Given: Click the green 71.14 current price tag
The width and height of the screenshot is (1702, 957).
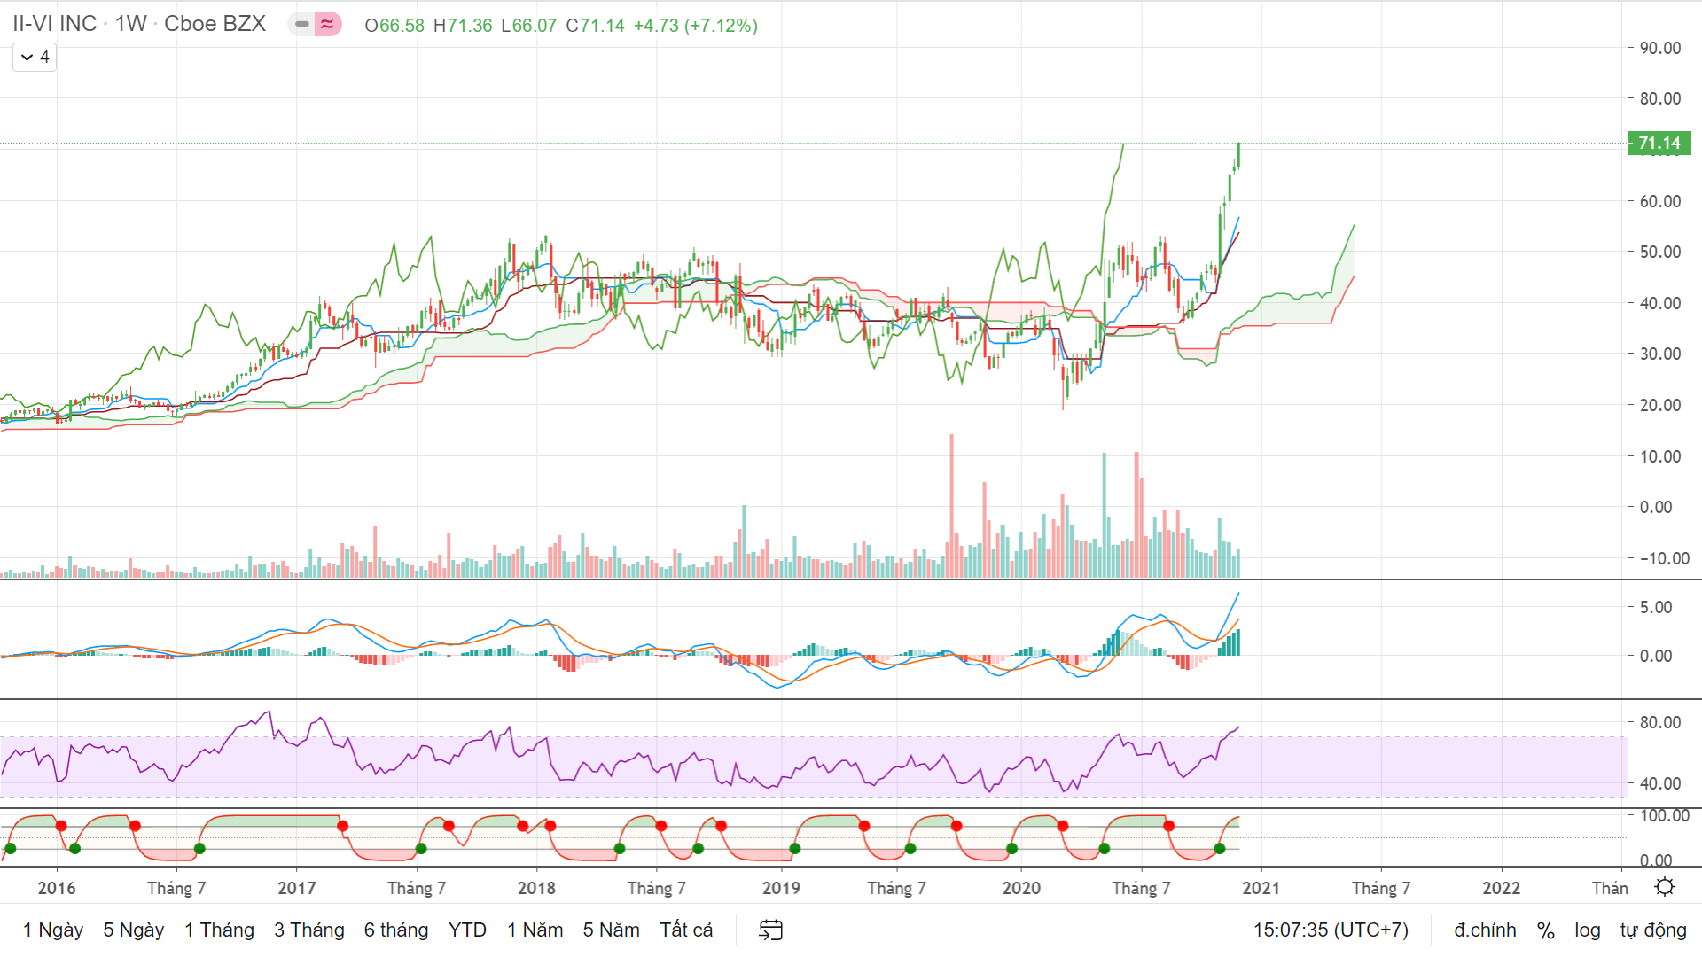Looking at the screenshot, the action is pyautogui.click(x=1659, y=143).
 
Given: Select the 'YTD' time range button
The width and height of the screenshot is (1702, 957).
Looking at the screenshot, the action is pyautogui.click(x=467, y=930).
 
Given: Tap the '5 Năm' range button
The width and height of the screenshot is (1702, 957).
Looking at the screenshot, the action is pyautogui.click(x=611, y=930).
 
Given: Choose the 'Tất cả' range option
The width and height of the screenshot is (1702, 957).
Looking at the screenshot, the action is pyautogui.click(x=686, y=930).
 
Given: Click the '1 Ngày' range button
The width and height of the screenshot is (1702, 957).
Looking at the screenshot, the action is pyautogui.click(x=53, y=930).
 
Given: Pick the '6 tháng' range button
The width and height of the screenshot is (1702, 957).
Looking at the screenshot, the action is pyautogui.click(x=396, y=930).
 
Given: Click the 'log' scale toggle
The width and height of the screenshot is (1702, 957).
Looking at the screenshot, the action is pyautogui.click(x=1588, y=930).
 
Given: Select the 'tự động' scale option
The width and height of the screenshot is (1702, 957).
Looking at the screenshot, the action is pyautogui.click(x=1653, y=930).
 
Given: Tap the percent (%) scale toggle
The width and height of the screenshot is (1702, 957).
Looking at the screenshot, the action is pyautogui.click(x=1546, y=930).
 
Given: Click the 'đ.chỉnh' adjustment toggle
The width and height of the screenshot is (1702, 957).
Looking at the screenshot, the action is pyautogui.click(x=1485, y=930).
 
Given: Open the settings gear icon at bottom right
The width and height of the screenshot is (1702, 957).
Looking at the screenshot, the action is pyautogui.click(x=1665, y=887).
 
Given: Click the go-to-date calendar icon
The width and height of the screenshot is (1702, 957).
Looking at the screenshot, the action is pyautogui.click(x=771, y=930).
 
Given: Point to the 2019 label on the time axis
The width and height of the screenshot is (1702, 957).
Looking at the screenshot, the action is pyautogui.click(x=781, y=888).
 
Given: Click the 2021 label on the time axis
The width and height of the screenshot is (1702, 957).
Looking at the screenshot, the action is pyautogui.click(x=1261, y=888).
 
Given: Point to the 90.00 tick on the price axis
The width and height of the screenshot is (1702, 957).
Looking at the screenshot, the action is pyautogui.click(x=1660, y=48).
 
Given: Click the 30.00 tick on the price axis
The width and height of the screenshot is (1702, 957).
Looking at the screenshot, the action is pyautogui.click(x=1660, y=354).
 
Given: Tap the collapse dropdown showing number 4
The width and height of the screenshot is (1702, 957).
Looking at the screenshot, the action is pyautogui.click(x=35, y=57).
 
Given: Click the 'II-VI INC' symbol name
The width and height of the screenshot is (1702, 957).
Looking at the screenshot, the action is pyautogui.click(x=55, y=24).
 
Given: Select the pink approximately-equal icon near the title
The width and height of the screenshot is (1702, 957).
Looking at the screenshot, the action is pyautogui.click(x=328, y=24).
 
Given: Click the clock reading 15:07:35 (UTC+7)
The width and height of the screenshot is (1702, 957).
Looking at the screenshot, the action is pyautogui.click(x=1331, y=930).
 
